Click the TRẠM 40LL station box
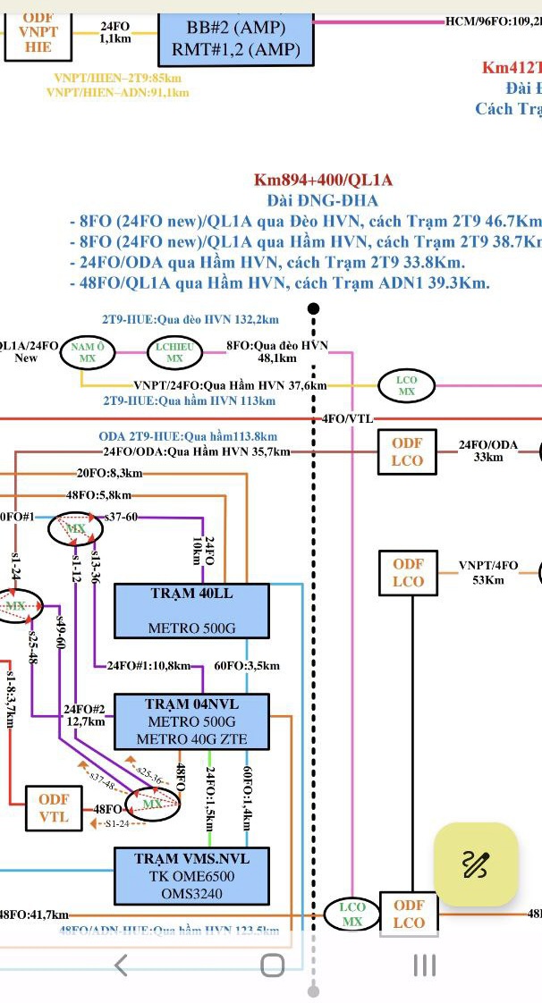pyautogui.click(x=192, y=611)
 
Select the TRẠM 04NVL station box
pyautogui.click(x=192, y=721)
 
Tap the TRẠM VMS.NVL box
pyautogui.click(x=192, y=877)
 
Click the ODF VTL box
pyautogui.click(x=54, y=808)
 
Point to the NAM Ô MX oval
pyautogui.click(x=88, y=352)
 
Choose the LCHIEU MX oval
pyautogui.click(x=174, y=352)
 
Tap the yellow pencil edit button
pyautogui.click(x=476, y=864)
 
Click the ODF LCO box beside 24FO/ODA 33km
pyautogui.click(x=408, y=452)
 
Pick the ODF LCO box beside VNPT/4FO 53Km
pyautogui.click(x=408, y=573)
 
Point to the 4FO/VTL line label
pyautogui.click(x=347, y=418)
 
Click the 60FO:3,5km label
pyautogui.click(x=247, y=666)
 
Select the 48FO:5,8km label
pyautogui.click(x=98, y=494)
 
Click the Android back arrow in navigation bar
pyautogui.click(x=122, y=965)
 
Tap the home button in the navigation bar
pyautogui.click(x=272, y=965)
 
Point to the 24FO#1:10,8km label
pyautogui.click(x=148, y=666)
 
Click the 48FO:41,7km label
pyautogui.click(x=33, y=914)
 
